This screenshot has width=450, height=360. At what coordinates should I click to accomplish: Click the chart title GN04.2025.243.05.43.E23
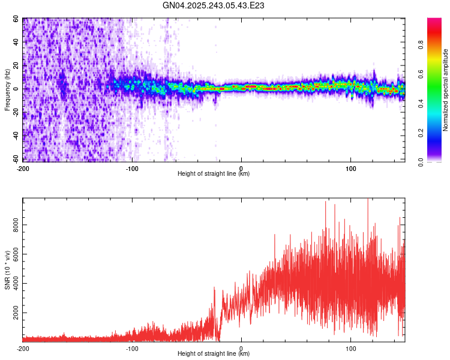[x=213, y=5]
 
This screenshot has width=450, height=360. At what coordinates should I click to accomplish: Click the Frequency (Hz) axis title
[x=7, y=90]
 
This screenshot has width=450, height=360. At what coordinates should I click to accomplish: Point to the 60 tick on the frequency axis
[x=16, y=19]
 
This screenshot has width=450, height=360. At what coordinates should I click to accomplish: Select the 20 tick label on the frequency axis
[x=16, y=66]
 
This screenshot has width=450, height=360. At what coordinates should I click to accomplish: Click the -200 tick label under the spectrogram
[x=23, y=169]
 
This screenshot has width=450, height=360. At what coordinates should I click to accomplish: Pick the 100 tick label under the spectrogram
[x=351, y=169]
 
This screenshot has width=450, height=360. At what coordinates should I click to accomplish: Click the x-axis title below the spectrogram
[x=214, y=173]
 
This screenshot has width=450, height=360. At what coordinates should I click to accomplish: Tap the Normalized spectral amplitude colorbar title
[x=445, y=90]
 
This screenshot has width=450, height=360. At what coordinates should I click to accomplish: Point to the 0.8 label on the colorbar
[x=421, y=45]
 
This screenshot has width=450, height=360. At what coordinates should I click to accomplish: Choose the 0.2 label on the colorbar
[x=421, y=133]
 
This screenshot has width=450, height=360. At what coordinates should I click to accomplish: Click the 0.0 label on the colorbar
[x=421, y=162]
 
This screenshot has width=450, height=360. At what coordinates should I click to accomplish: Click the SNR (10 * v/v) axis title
[x=7, y=270]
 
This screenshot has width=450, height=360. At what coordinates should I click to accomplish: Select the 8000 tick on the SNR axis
[x=16, y=225]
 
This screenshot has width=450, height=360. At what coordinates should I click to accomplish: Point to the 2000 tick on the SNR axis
[x=16, y=313]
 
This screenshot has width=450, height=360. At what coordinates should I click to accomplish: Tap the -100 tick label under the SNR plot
[x=132, y=349]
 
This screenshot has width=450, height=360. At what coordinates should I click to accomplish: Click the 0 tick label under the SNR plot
[x=241, y=349]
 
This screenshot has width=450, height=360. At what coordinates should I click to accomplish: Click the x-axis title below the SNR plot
[x=214, y=353]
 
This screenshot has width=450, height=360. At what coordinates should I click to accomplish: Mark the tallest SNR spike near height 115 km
[x=368, y=199]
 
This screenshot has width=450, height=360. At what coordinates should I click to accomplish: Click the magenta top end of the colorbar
[x=434, y=19]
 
